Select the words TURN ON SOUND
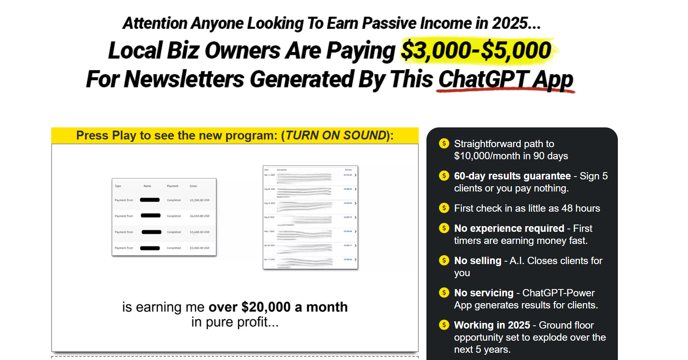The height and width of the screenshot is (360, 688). pyautogui.click(x=336, y=135)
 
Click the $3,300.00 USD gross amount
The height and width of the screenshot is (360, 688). pyautogui.click(x=200, y=200)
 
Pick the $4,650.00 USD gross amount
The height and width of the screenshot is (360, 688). pyautogui.click(x=200, y=216)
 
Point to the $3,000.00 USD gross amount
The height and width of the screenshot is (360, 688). pyautogui.click(x=200, y=248)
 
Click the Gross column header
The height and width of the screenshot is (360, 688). pyautogui.click(x=193, y=186)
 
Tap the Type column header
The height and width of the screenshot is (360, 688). pyautogui.click(x=118, y=186)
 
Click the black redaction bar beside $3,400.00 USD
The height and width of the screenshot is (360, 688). pyautogui.click(x=152, y=232)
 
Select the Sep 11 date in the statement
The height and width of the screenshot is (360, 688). pyautogui.click(x=269, y=175)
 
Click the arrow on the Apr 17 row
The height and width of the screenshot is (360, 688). pyautogui.click(x=355, y=260)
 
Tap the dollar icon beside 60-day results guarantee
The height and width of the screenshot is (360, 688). pyautogui.click(x=444, y=176)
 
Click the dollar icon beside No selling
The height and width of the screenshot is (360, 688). pyautogui.click(x=444, y=260)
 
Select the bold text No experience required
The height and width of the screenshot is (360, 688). pyautogui.click(x=509, y=229)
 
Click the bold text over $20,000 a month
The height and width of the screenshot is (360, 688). pyautogui.click(x=278, y=307)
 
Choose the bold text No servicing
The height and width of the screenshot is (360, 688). pyautogui.click(x=484, y=293)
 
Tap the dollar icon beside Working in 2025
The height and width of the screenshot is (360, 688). pyautogui.click(x=444, y=325)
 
